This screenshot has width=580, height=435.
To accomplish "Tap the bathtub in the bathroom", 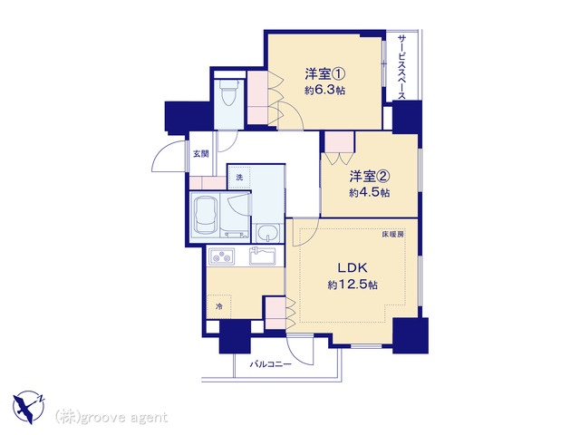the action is (x=205, y=217).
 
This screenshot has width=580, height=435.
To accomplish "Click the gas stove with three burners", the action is (x=222, y=256).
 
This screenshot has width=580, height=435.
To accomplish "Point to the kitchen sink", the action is (x=262, y=256).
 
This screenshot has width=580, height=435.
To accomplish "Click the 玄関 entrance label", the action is (x=201, y=153).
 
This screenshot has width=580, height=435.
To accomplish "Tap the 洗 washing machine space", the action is (x=239, y=178).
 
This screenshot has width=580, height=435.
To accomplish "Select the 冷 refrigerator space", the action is (x=219, y=306).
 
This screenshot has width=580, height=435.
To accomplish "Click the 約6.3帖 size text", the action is (x=324, y=91).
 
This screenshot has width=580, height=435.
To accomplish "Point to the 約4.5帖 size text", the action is (x=369, y=193).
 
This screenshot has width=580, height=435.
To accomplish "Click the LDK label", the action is (x=352, y=267).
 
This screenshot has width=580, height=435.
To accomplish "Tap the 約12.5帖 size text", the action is (x=353, y=285).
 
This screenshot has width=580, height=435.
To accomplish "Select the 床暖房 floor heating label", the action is (x=392, y=234).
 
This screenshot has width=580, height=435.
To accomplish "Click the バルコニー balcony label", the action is (x=270, y=364).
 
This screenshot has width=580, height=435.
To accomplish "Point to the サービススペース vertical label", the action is (x=402, y=67).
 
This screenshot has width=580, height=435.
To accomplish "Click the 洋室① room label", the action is (x=324, y=74).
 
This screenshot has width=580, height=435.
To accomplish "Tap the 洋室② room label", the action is (x=370, y=177).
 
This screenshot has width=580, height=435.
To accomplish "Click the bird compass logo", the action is (x=28, y=407).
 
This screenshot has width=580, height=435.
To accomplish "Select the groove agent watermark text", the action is (x=111, y=417).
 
